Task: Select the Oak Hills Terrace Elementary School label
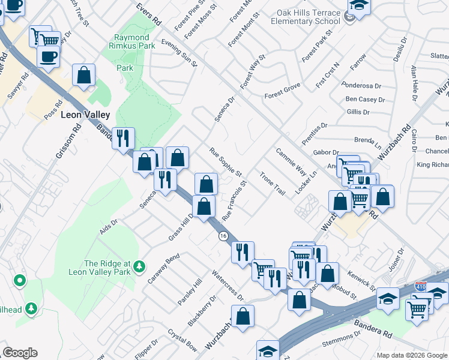[x=305, y=17]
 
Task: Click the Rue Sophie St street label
[x=225, y=162]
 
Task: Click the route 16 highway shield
[x=223, y=236]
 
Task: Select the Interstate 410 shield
[x=421, y=287]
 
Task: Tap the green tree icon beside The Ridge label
[x=139, y=265]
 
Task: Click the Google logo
[x=20, y=352]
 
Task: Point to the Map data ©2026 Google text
[x=411, y=355]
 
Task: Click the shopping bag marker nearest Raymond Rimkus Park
[x=84, y=75]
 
